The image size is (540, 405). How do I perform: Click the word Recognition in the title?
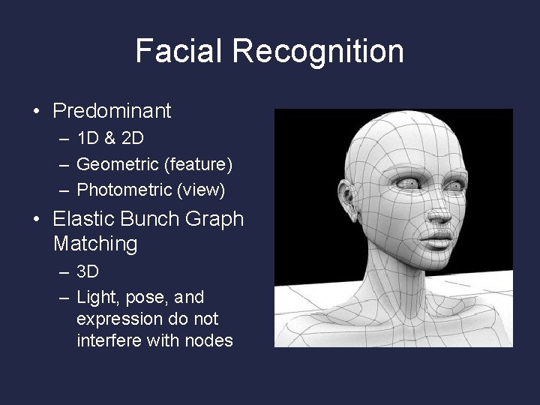pyautogui.click(x=318, y=51)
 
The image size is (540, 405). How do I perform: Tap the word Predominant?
pyautogui.click(x=112, y=111)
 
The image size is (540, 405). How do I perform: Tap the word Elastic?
pyautogui.click(x=82, y=219)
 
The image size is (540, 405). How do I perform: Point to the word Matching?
pyautogui.click(x=96, y=244)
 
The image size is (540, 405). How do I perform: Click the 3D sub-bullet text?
pyautogui.click(x=88, y=271)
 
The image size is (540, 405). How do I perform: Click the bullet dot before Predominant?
pyautogui.click(x=36, y=112)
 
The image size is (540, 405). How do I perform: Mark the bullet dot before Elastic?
pyautogui.click(x=36, y=220)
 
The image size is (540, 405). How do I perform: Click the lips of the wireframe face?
pyautogui.click(x=441, y=241)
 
